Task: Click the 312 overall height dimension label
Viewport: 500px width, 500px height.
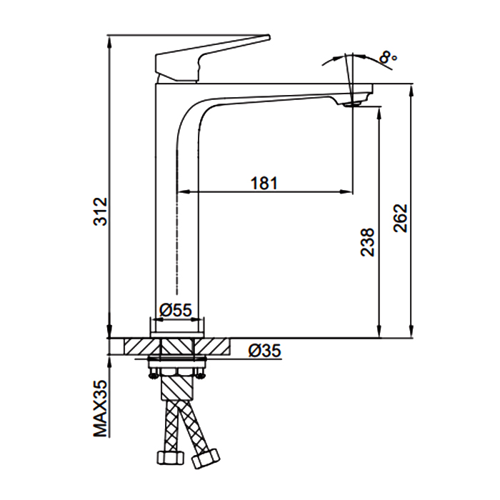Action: [101, 211]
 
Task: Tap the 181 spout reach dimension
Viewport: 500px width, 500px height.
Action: [264, 184]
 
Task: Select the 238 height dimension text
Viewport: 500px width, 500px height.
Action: [367, 242]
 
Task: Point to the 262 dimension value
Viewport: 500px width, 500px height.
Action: [400, 218]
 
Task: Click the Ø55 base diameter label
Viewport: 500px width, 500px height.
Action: [176, 310]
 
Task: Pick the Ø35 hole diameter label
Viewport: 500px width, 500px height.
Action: [265, 351]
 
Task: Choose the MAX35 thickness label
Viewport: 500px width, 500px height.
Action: [101, 409]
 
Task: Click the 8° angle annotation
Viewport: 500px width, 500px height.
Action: [388, 58]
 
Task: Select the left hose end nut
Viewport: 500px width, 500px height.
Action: [170, 459]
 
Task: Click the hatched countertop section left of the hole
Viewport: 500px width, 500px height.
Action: [140, 346]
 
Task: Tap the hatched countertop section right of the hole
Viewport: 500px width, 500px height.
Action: [211, 346]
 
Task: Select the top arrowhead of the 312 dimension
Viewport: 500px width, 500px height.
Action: [109, 42]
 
